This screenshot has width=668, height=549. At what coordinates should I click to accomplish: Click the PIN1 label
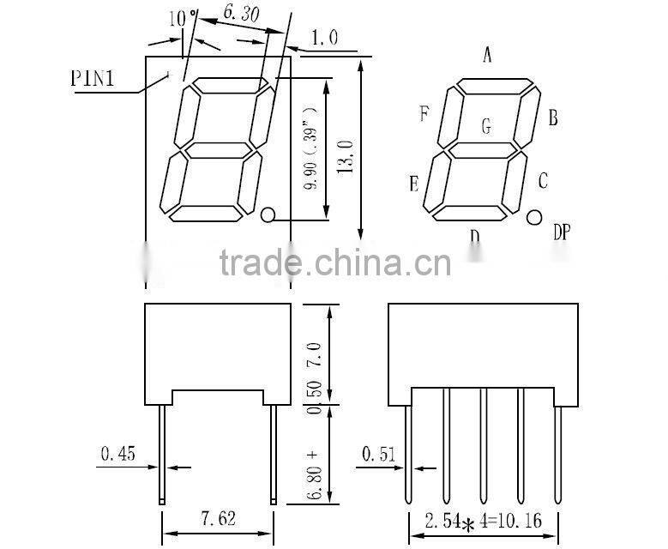click(x=93, y=78)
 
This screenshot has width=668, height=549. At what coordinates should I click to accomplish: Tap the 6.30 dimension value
click(x=241, y=14)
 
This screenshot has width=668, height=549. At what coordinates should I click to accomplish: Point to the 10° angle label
click(x=183, y=18)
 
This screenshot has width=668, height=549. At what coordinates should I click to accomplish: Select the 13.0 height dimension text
click(x=346, y=156)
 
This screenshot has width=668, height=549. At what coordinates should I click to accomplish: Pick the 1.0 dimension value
click(x=325, y=38)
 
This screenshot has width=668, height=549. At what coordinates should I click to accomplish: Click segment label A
click(x=487, y=55)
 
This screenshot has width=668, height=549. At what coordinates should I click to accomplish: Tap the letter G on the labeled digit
click(x=486, y=126)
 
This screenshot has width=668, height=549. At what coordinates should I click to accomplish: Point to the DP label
click(x=562, y=232)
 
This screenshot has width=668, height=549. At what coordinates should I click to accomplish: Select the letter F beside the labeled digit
click(x=424, y=113)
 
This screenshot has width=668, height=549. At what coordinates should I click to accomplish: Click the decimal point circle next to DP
click(x=534, y=217)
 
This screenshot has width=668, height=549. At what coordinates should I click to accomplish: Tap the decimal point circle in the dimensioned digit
click(x=268, y=214)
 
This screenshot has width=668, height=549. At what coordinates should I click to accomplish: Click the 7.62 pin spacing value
click(x=218, y=519)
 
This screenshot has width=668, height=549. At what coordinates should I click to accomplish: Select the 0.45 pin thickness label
click(x=118, y=453)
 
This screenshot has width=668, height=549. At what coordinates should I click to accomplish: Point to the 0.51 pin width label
click(x=379, y=454)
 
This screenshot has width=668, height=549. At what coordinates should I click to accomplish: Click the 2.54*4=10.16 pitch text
click(x=483, y=522)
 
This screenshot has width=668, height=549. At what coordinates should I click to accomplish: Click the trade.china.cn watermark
click(x=334, y=262)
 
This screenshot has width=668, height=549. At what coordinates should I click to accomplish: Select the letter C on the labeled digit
click(x=542, y=181)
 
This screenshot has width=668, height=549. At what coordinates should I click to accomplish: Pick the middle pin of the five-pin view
click(x=483, y=445)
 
